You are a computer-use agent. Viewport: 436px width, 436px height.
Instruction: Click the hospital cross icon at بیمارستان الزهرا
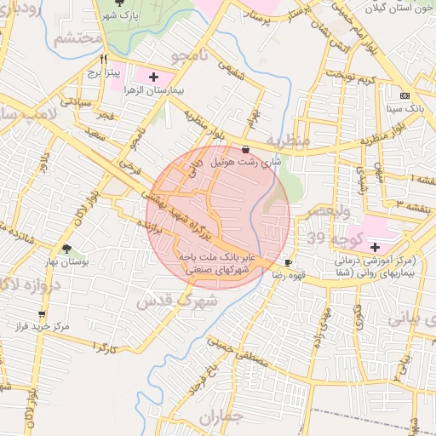pyautogui.click(x=153, y=77)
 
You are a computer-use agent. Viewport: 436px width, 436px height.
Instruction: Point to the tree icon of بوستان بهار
pyautogui.click(x=66, y=250)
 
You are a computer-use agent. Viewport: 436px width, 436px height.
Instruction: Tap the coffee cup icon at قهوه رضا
pyautogui.click(x=289, y=262)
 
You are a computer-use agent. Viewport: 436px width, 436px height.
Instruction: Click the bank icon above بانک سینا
pyautogui.click(x=404, y=96)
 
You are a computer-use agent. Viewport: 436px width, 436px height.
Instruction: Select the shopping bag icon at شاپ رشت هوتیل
pyautogui.click(x=246, y=148)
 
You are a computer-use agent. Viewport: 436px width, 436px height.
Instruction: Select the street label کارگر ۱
pyautogui.click(x=100, y=347)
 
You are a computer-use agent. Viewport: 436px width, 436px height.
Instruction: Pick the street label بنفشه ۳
pyautogui.click(x=410, y=203)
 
